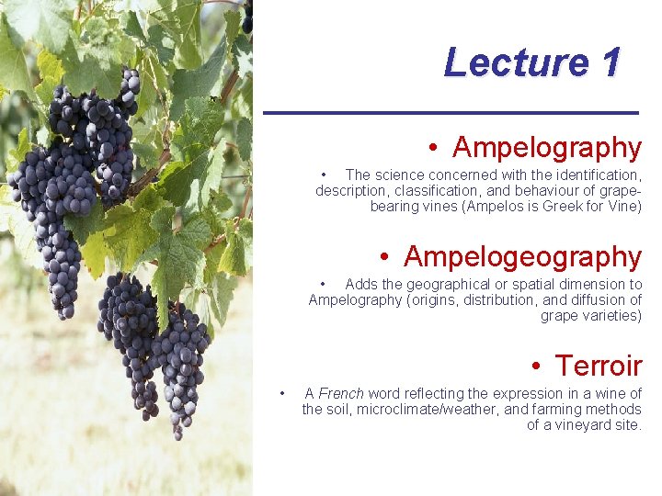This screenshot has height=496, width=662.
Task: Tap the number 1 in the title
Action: point(611,63)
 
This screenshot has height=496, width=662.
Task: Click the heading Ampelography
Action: point(547,147)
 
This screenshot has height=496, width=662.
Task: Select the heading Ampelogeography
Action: point(522,256)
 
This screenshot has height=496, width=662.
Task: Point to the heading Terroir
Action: point(599,366)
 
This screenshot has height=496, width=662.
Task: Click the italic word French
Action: point(341,393)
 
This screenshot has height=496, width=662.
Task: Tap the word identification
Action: point(595,175)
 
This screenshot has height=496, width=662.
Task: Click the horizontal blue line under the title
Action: point(451,112)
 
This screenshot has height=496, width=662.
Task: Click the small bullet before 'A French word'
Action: point(283,393)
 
